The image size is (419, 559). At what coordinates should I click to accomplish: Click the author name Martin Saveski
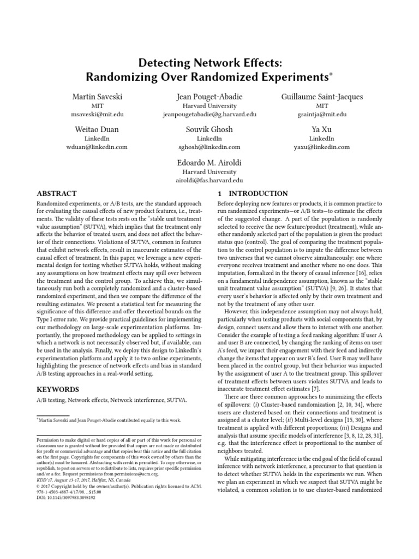[x=98, y=97]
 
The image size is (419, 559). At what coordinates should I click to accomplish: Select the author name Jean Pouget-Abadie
[x=209, y=97]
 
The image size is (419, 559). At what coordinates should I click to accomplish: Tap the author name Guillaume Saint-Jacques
[x=321, y=97]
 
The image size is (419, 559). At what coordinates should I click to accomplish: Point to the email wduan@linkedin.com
[x=98, y=147]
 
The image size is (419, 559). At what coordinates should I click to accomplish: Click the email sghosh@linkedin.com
[x=209, y=147]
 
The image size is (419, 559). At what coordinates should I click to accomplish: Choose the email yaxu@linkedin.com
[x=321, y=147]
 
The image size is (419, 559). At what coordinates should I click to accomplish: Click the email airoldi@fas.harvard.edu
[x=209, y=180]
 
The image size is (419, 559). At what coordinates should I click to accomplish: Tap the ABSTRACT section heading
[x=56, y=194]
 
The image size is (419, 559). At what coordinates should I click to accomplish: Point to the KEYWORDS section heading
[x=57, y=389]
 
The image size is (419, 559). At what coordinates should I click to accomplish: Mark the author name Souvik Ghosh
[x=209, y=129]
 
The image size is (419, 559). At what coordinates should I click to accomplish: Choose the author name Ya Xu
[x=321, y=129]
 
